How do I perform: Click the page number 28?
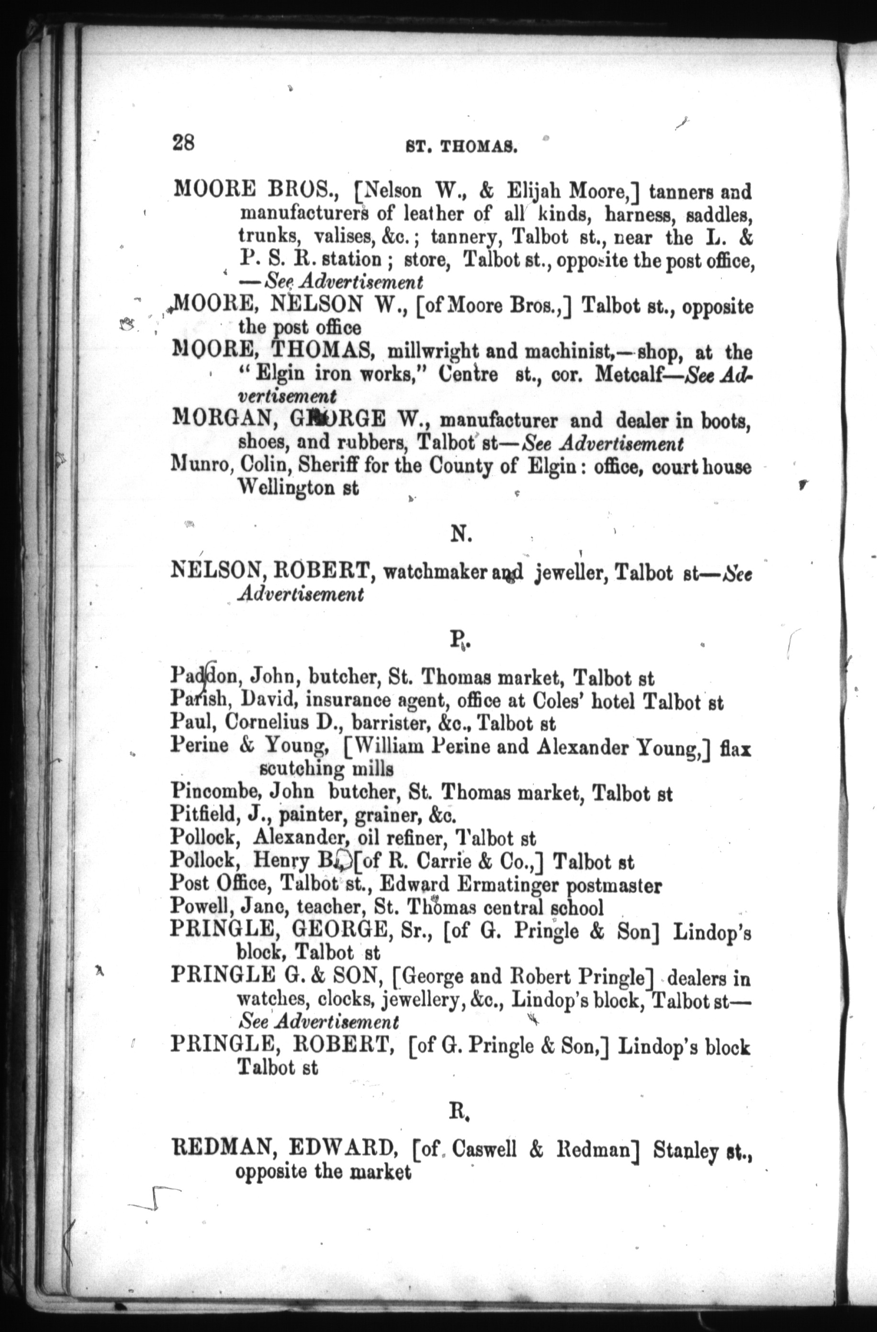[183, 143]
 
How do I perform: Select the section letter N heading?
[462, 536]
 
